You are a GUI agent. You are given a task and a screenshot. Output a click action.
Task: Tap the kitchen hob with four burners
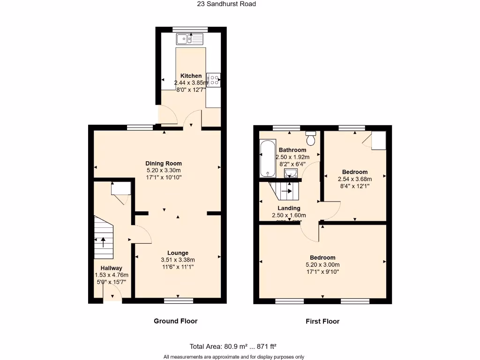pos(214,80)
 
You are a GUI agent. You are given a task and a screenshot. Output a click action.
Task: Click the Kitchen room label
pos(191,76)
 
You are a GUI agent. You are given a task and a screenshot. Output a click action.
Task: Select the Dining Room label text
pos(163,164)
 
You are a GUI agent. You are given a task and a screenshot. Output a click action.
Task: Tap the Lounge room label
pos(178,253)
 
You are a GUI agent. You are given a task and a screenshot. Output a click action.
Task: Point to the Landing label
pos(289,208)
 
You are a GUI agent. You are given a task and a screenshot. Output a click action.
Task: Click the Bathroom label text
pos(292,150)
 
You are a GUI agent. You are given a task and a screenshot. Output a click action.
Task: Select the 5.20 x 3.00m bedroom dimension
pos(322,264)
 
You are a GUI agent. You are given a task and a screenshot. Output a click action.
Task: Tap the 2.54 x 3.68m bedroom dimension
pos(354,179)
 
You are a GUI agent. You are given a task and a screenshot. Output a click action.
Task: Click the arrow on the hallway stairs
pos(103,242)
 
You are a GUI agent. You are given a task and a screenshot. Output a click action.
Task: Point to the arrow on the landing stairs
pos(286,191)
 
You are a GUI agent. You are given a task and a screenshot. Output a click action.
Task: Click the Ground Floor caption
pos(175,321)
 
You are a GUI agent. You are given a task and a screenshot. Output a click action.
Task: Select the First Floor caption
pos(322,321)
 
